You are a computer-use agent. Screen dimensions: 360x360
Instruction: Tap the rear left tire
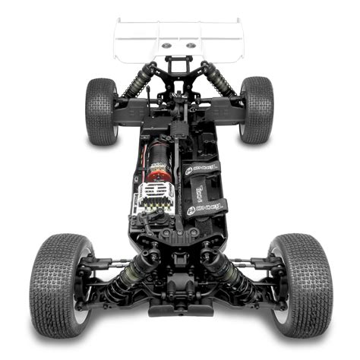(x=102, y=110)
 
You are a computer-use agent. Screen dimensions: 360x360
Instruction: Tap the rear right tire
(x=256, y=110)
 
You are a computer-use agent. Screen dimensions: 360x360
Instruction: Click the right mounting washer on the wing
(x=190, y=46)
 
